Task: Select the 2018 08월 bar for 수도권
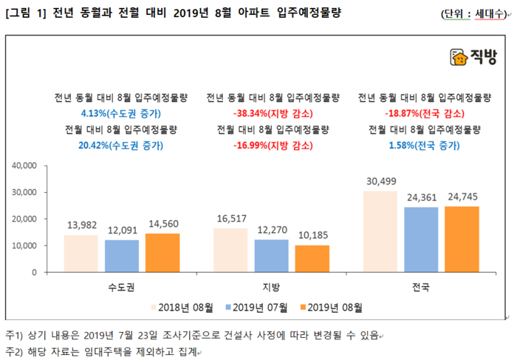(81, 253)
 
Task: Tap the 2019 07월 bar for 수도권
(120, 256)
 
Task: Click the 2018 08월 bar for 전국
(380, 231)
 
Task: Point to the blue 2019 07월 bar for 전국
(421, 240)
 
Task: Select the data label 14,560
(162, 224)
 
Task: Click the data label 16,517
(230, 220)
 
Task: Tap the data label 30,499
(380, 182)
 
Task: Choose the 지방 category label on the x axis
(270, 285)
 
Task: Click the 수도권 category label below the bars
(120, 285)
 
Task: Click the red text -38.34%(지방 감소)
(273, 113)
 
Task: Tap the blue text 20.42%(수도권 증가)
(120, 146)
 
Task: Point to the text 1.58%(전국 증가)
(424, 146)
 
